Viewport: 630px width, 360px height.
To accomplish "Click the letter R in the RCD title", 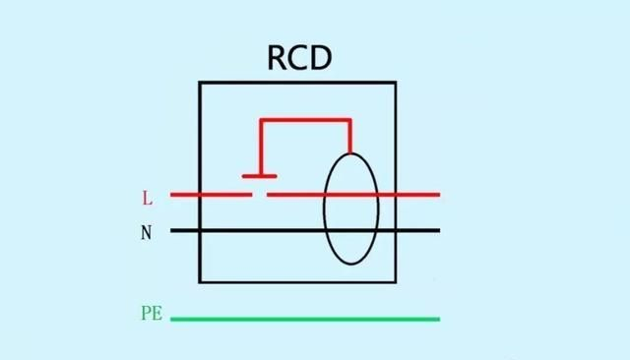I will [x=279, y=57].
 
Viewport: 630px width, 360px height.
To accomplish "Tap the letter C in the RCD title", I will [x=299, y=57].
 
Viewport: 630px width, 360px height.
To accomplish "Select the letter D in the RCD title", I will [x=322, y=57].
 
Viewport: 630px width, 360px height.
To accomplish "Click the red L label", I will [x=148, y=198].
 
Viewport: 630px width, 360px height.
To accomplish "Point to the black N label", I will [x=148, y=234].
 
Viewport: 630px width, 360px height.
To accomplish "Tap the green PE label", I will [x=151, y=315].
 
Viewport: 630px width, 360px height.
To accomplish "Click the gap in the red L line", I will [x=261, y=195].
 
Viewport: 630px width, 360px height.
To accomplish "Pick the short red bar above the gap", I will [x=260, y=177].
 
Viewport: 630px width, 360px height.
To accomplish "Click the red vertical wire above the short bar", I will [x=260, y=148].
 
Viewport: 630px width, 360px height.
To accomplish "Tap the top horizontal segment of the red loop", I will [x=305, y=121].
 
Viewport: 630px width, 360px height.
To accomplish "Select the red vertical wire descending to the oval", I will [x=349, y=138].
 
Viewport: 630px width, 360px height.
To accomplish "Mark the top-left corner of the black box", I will [x=201, y=83].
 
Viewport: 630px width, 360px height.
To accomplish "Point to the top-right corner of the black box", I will [x=396, y=83].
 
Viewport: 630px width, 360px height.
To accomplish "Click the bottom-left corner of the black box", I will [x=201, y=281].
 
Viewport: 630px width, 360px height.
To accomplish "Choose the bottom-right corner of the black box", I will [x=396, y=281].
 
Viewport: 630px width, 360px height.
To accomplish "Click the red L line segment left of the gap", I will [x=212, y=195].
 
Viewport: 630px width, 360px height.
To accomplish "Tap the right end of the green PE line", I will [x=438, y=319].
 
